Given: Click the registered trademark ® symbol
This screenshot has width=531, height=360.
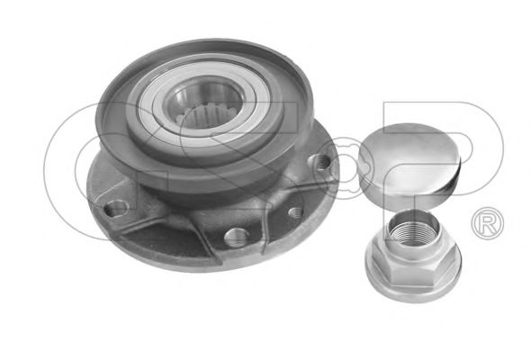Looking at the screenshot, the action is [x=487, y=223].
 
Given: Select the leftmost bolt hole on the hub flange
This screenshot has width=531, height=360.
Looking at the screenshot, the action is [x=116, y=208].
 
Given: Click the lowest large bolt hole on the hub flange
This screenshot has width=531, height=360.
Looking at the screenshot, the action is [x=237, y=237].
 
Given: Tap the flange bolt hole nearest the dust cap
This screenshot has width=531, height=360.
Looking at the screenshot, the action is [x=321, y=161].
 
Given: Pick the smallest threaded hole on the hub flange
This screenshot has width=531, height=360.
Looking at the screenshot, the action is [x=295, y=212].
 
